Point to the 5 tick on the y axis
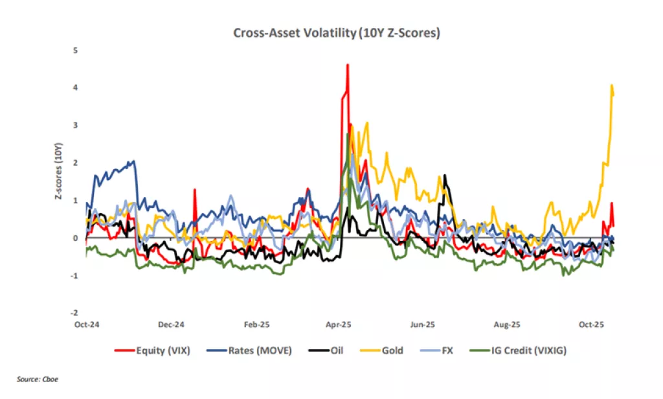(x=76, y=50)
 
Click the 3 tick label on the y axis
(x=76, y=125)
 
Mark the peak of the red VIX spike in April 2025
(x=348, y=65)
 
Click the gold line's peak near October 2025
(x=612, y=85)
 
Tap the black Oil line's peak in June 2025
(x=445, y=176)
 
